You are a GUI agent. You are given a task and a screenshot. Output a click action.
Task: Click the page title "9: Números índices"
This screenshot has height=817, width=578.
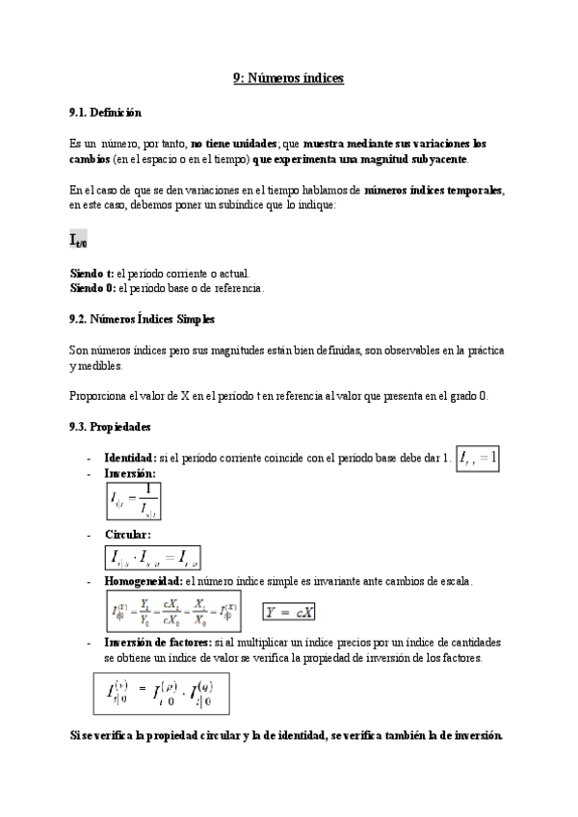[289, 78]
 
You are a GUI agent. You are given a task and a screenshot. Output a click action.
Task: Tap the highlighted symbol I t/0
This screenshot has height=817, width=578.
[79, 240]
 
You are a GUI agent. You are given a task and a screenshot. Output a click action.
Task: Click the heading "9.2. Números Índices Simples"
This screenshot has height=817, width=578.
[142, 319]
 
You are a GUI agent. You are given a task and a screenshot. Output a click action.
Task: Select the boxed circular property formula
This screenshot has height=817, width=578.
[152, 558]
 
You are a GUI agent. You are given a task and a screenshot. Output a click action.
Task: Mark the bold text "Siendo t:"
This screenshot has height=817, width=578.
[92, 274]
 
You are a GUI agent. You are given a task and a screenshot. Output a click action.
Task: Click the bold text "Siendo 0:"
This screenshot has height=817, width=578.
[92, 287]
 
